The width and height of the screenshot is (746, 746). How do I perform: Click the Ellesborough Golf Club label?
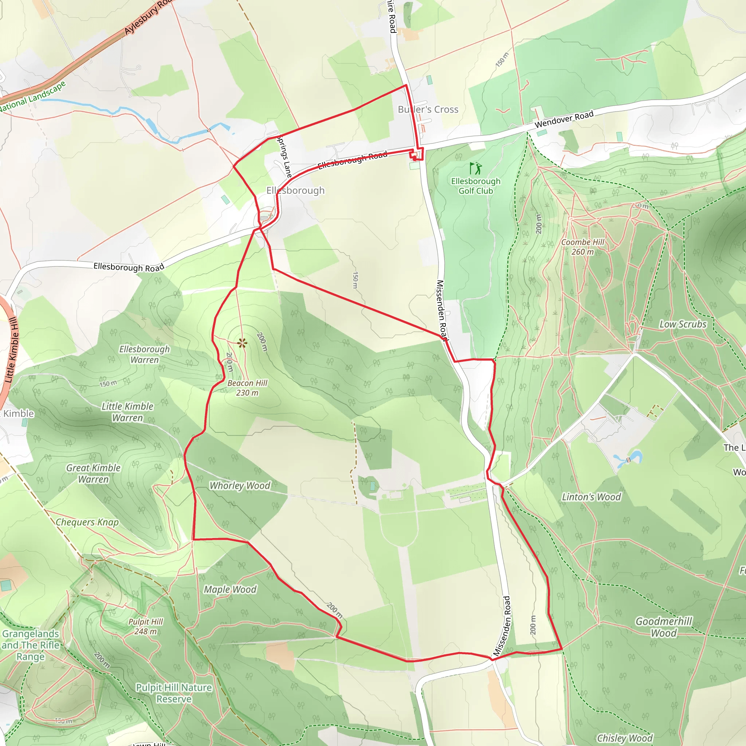[476, 186]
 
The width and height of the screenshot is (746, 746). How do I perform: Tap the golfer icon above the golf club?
[476, 168]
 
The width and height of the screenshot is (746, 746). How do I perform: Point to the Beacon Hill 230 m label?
[247, 388]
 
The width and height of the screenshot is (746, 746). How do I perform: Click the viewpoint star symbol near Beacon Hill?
[242, 342]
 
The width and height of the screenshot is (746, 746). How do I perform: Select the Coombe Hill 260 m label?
[583, 247]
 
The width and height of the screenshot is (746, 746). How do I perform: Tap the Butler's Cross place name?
[428, 110]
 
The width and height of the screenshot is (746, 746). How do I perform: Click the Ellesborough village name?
[295, 191]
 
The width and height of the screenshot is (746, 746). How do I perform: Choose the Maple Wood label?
[230, 589]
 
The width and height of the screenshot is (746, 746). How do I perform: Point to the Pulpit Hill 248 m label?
[146, 626]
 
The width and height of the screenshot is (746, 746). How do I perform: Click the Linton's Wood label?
[591, 497]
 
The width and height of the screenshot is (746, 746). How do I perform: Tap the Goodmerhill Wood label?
[664, 627]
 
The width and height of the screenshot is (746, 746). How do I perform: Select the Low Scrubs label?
[683, 324]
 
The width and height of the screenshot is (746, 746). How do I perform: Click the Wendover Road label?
[564, 119]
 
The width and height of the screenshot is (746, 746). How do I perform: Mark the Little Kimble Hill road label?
[12, 350]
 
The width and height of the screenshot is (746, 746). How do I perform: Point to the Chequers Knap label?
[87, 522]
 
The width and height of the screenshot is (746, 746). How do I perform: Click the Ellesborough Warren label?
[144, 354]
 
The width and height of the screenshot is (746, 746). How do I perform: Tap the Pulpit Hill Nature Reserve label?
[174, 693]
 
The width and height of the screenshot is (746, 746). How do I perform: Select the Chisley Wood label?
[625, 738]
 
